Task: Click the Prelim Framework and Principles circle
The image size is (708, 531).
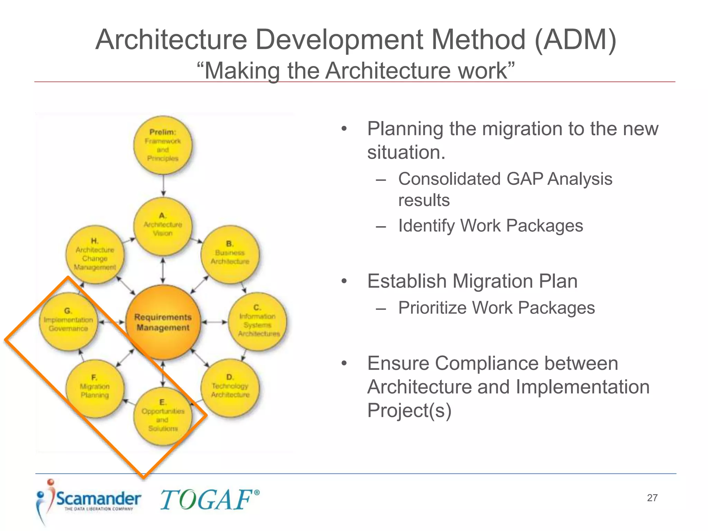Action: [x=163, y=145]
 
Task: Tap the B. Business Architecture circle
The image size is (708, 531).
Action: [x=230, y=255]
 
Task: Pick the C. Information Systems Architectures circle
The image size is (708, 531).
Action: [x=258, y=322]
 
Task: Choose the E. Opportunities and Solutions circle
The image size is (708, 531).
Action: [x=163, y=416]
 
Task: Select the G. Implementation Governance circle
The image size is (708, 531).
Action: [x=68, y=322]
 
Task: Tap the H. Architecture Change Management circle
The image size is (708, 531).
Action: [x=95, y=255]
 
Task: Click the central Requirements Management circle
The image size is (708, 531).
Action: [x=163, y=322]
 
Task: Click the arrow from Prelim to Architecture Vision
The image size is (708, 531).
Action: [x=163, y=185]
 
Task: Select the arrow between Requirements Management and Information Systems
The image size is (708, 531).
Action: [x=214, y=322]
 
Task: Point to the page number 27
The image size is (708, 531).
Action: [x=652, y=498]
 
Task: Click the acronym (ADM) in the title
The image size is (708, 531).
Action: [x=575, y=40]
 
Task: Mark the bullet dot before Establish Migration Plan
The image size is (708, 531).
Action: [x=344, y=281]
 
